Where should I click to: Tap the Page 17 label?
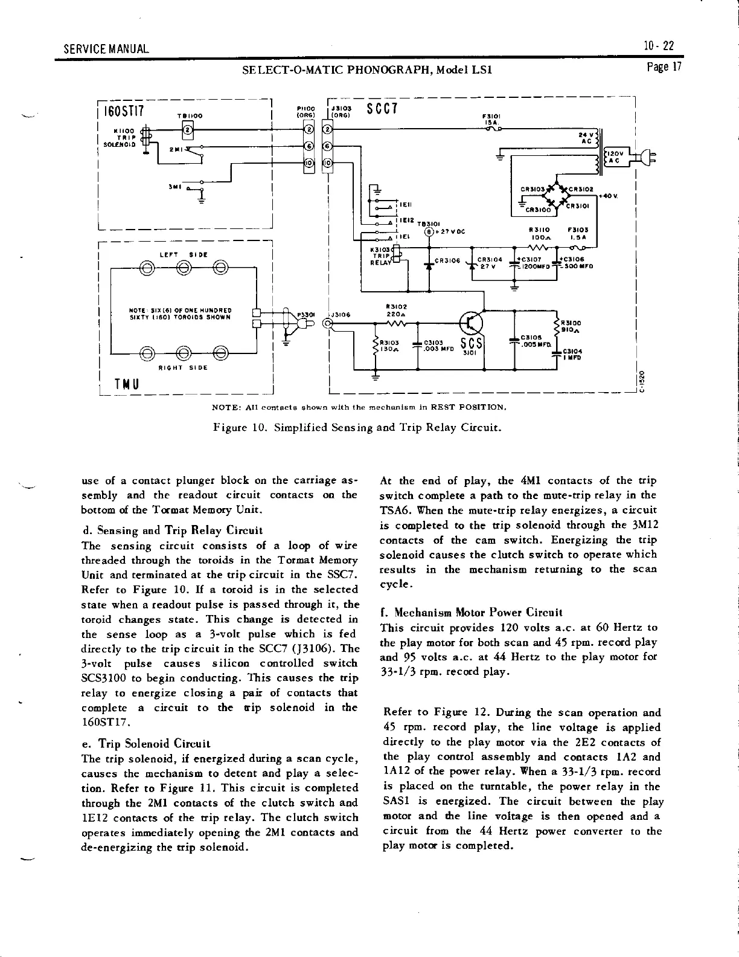point(663,68)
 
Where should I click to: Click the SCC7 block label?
point(382,109)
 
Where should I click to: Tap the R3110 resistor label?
point(537,230)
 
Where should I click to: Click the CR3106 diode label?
point(447,261)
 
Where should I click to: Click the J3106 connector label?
point(342,314)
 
